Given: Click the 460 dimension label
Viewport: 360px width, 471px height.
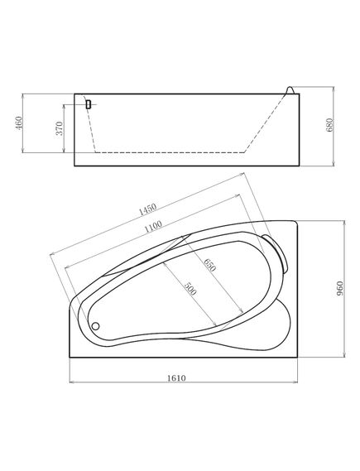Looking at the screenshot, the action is pyautogui.click(x=19, y=123).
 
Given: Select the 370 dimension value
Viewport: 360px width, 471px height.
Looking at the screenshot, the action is pyautogui.click(x=60, y=128).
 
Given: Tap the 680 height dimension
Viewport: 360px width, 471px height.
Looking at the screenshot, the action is pyautogui.click(x=329, y=125).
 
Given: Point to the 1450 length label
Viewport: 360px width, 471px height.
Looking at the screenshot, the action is pyautogui.click(x=147, y=209).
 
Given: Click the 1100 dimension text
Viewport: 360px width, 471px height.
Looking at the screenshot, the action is pyautogui.click(x=153, y=227).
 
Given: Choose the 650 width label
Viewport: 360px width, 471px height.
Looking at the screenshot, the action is pyautogui.click(x=210, y=265).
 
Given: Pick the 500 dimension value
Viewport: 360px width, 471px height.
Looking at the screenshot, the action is pyautogui.click(x=190, y=288).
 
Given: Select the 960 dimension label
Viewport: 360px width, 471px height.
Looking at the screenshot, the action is pyautogui.click(x=339, y=288).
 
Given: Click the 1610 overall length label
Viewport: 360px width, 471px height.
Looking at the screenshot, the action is pyautogui.click(x=176, y=378).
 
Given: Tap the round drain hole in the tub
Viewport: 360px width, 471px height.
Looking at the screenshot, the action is pyautogui.click(x=95, y=326).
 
